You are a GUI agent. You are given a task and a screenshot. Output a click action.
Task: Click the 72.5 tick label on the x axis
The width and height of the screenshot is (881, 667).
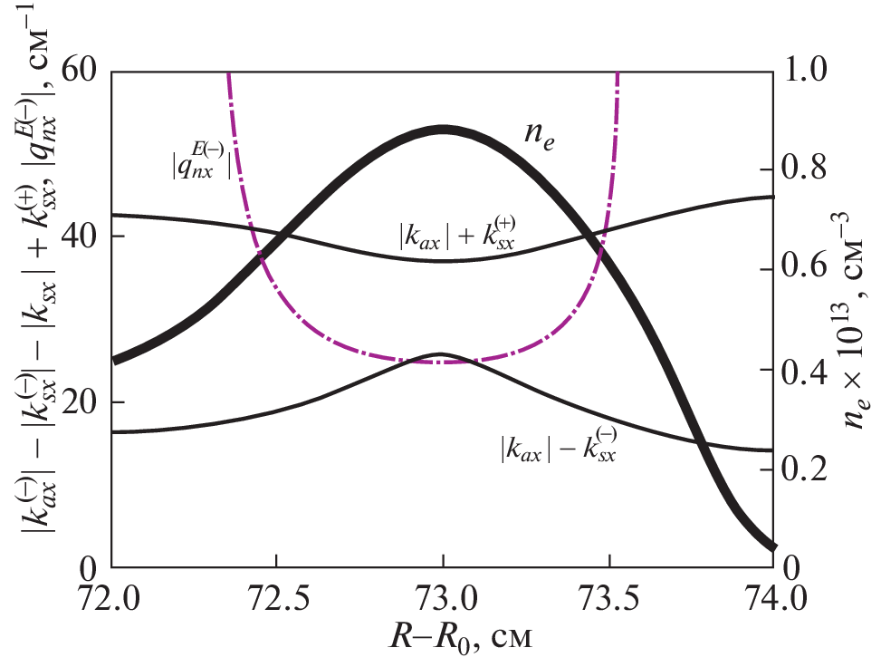(277, 599)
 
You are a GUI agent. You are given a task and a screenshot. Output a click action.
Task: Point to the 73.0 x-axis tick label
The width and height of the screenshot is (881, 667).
(443, 599)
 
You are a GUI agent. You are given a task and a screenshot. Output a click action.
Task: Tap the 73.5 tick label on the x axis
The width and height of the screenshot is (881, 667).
(608, 599)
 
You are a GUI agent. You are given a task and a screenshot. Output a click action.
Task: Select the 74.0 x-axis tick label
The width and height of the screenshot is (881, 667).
(771, 599)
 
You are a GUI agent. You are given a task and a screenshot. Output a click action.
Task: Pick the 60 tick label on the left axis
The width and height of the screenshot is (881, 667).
(81, 72)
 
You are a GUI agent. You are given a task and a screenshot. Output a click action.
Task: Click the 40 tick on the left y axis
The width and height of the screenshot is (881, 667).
(81, 237)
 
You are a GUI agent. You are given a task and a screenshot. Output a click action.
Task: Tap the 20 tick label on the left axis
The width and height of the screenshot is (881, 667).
(81, 403)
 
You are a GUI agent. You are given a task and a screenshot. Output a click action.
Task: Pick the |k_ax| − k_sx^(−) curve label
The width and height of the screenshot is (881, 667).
(558, 447)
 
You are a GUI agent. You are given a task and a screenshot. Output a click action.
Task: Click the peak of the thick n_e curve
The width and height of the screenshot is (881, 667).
(444, 130)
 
